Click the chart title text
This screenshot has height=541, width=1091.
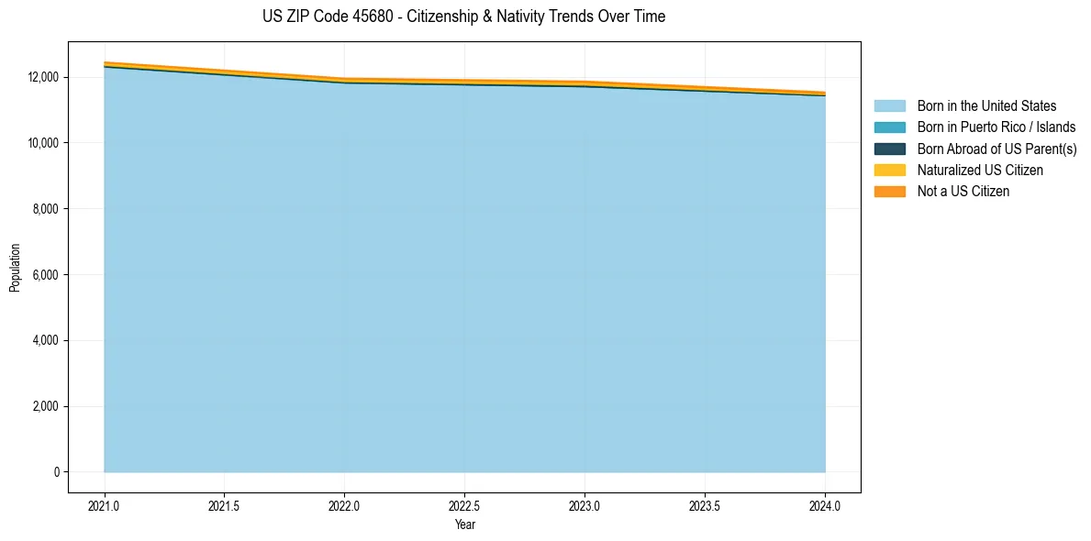[x=463, y=17]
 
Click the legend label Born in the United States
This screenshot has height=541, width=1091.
[x=986, y=106]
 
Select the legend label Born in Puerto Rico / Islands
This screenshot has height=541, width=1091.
[x=996, y=127]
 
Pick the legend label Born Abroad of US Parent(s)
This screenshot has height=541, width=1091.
[x=996, y=149]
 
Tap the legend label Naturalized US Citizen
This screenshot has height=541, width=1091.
[x=980, y=171]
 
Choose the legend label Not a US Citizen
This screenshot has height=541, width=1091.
[x=963, y=192]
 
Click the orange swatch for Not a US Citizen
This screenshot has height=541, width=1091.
[x=889, y=192]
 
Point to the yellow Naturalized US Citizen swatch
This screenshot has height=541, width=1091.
[x=889, y=171]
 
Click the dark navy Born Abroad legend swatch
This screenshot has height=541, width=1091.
[x=889, y=149]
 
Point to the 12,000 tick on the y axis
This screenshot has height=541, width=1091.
[x=44, y=77]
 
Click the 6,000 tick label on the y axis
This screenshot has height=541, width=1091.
[x=47, y=275]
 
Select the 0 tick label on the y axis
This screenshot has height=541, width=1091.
[x=56, y=472]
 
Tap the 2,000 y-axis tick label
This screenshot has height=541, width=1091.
[x=47, y=406]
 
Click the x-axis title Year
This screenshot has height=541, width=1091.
[x=464, y=525]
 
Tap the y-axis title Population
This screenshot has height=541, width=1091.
[x=15, y=268]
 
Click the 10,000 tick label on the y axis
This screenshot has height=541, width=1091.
[x=44, y=143]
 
